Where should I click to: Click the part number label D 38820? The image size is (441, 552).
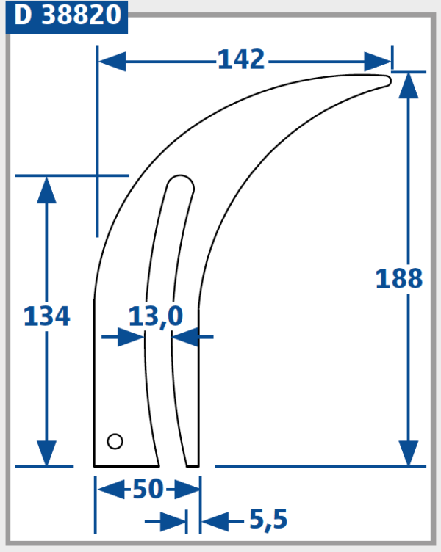click(x=67, y=15)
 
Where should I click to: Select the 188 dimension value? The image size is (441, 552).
click(x=399, y=279)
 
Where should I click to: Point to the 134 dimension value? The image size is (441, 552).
click(x=47, y=317)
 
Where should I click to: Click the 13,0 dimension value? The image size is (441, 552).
click(x=155, y=317)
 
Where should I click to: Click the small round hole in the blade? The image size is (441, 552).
click(x=115, y=440)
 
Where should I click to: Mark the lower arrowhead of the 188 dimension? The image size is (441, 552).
click(x=409, y=452)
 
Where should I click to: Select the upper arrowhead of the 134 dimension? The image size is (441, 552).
click(x=46, y=189)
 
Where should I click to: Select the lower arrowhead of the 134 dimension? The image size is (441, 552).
click(x=46, y=452)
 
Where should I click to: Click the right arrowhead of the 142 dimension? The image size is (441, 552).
click(x=378, y=61)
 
